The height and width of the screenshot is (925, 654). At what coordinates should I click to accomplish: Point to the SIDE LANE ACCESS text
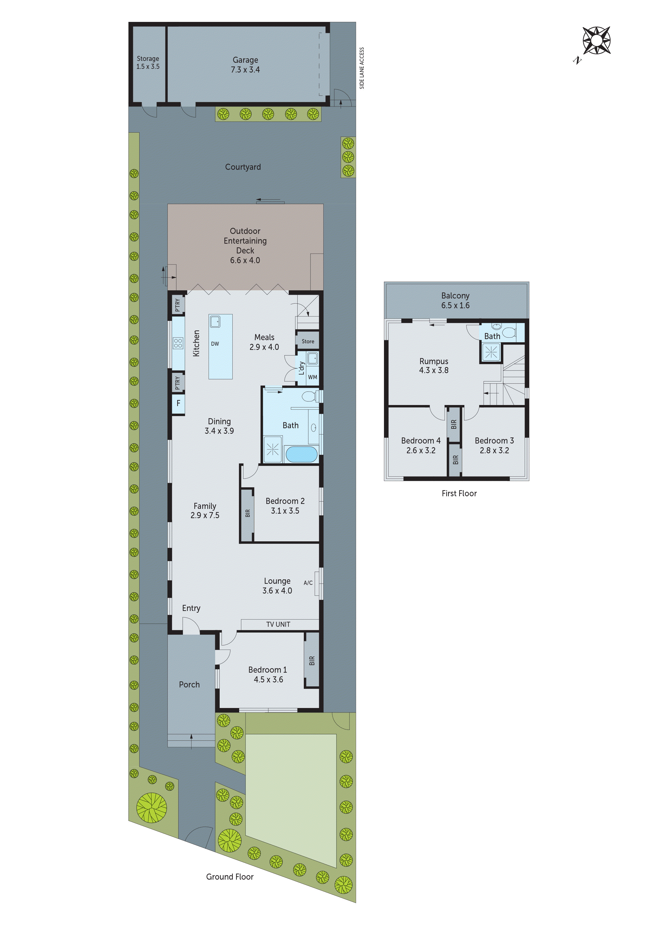click(x=362, y=68)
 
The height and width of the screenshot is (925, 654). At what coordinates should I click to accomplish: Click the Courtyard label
click(x=243, y=167)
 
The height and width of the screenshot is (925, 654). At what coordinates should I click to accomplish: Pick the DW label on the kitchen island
click(x=215, y=344)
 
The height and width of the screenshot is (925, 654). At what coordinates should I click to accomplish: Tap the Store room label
click(x=308, y=341)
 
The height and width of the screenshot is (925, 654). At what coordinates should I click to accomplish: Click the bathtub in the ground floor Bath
click(x=301, y=454)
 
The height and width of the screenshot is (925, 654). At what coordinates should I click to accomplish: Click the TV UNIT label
click(x=278, y=624)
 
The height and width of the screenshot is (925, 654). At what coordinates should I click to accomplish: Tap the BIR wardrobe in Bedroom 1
click(x=311, y=661)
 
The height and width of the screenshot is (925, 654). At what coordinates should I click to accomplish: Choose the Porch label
click(x=189, y=685)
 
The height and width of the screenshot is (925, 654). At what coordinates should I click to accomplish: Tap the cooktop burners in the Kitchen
click(x=178, y=343)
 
